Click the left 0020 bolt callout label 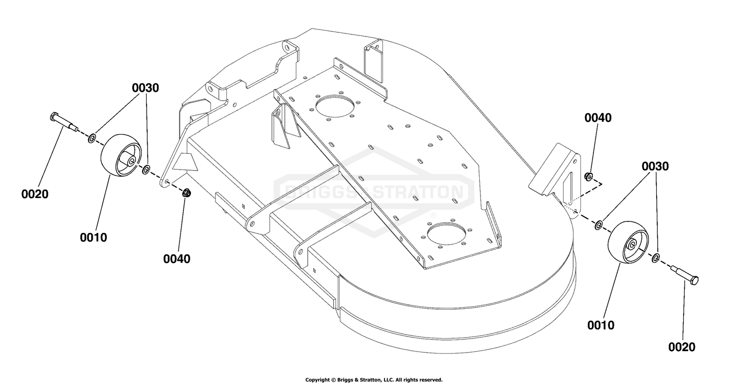[x=35, y=194]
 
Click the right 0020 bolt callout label [x=682, y=347]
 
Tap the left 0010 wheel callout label [x=94, y=237]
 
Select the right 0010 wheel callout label [x=601, y=325]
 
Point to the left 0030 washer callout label [x=145, y=88]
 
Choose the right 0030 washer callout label [x=655, y=166]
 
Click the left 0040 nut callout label [x=177, y=259]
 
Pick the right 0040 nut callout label [x=598, y=118]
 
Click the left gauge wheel [x=121, y=155]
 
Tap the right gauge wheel [x=628, y=242]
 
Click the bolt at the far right [x=685, y=275]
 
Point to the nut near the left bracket [x=187, y=192]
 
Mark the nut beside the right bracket [x=589, y=177]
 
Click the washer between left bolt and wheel [x=92, y=138]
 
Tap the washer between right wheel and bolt [x=656, y=258]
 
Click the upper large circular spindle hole [x=334, y=106]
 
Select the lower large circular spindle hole [x=446, y=233]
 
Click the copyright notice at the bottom [x=374, y=380]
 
